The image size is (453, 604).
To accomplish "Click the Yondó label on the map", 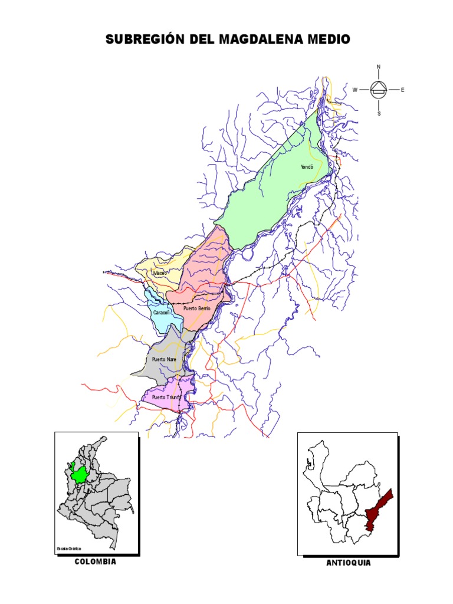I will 306,167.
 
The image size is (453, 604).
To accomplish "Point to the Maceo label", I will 160,273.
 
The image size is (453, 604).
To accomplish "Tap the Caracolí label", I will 162,312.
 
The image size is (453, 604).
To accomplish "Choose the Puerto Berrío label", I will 196,308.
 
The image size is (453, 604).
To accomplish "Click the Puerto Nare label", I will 164,359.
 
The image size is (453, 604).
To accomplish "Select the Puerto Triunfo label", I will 166,398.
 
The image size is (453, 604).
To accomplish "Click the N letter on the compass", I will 379,67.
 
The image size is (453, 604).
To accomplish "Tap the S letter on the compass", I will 379,113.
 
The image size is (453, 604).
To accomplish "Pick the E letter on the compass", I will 403,90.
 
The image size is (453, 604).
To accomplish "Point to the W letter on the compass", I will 355,90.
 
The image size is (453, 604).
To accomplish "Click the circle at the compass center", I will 379,90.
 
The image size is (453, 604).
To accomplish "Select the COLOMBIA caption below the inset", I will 96,562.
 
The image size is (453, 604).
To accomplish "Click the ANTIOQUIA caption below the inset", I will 349,563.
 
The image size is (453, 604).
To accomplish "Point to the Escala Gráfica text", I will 69,549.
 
